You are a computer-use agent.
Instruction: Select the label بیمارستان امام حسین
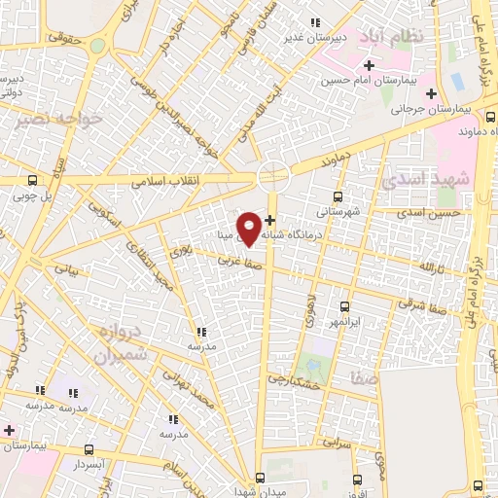pyautogui.click(x=388, y=77)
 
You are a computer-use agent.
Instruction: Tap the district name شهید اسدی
pyautogui.click(x=425, y=179)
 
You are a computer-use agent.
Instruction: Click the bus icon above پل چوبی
pyautogui.click(x=32, y=179)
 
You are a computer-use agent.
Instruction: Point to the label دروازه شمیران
pyautogui.click(x=120, y=343)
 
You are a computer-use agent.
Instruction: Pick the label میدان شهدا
pyautogui.click(x=260, y=489)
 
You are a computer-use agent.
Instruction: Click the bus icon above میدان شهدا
pyautogui.click(x=260, y=476)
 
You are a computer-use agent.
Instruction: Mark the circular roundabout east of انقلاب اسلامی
pyautogui.click(x=274, y=175)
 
